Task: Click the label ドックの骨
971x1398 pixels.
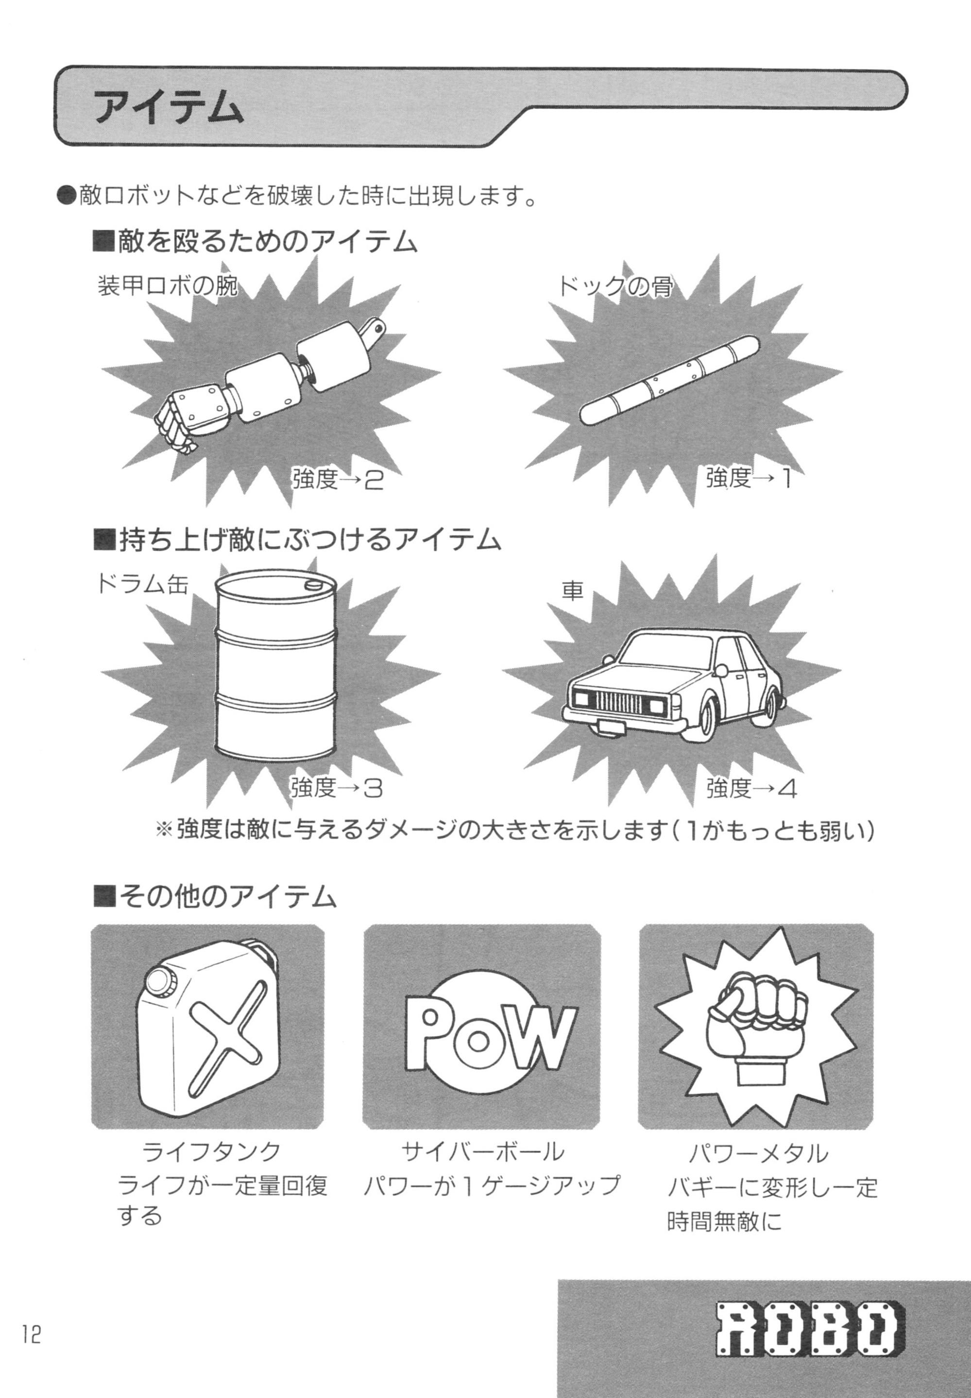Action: click(615, 285)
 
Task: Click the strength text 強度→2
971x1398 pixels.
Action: click(338, 480)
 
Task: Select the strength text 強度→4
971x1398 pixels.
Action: click(751, 789)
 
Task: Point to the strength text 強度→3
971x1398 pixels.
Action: click(336, 789)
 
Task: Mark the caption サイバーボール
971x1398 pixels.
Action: click(482, 1151)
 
